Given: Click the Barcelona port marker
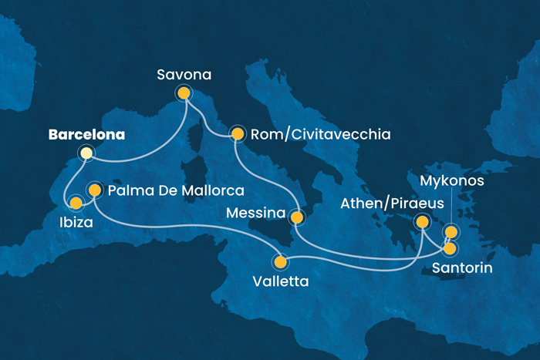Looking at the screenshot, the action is (86, 153).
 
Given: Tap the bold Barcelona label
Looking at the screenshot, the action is (86, 135).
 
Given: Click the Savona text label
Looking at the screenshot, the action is (184, 74).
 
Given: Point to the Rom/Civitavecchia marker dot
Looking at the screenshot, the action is (238, 135).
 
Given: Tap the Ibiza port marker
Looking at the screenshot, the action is (76, 204).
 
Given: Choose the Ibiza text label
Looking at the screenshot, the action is (76, 224).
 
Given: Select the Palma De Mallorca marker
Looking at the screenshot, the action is (94, 189).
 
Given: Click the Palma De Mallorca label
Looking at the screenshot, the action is (176, 190).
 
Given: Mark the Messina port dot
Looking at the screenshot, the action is (296, 217).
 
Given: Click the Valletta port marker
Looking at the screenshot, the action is (281, 261).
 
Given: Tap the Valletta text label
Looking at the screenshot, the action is (281, 281).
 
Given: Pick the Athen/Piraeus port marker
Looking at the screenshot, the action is (422, 223).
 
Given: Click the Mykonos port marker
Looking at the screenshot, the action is (451, 231).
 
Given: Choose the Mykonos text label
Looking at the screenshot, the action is (452, 182).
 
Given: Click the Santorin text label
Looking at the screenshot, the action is (461, 267).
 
